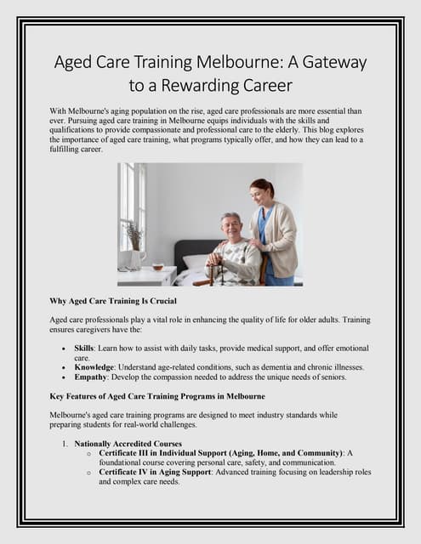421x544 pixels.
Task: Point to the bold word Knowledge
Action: pyautogui.click(x=97, y=367)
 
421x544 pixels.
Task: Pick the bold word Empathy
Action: pyautogui.click(x=93, y=377)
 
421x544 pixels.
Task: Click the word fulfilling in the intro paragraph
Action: pyautogui.click(x=71, y=149)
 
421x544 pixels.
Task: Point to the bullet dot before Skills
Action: pyautogui.click(x=65, y=349)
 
